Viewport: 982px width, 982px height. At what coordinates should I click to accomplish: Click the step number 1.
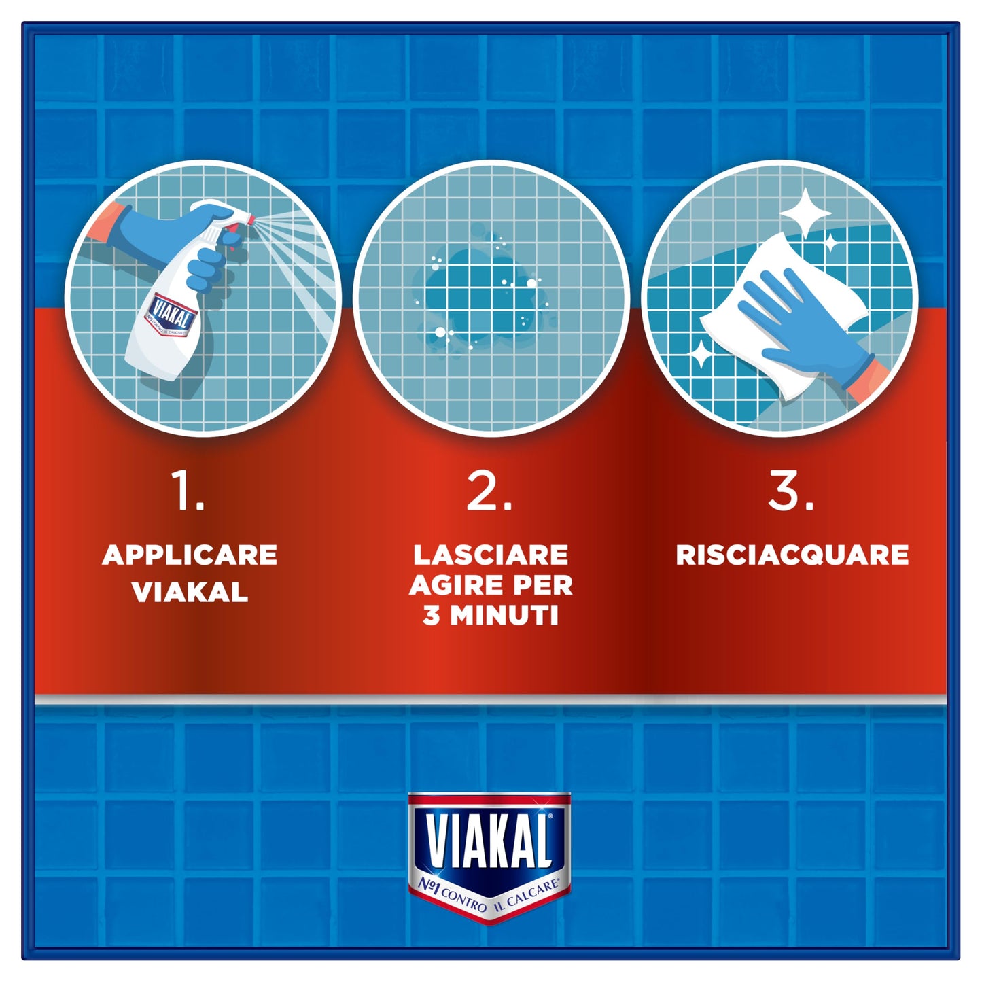click(186, 491)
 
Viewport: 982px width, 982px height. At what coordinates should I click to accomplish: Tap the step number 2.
click(489, 491)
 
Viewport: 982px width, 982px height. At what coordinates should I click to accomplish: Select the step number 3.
click(790, 491)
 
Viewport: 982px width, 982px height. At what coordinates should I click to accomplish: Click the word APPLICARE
click(190, 555)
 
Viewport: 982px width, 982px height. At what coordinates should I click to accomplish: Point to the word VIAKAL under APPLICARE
click(190, 593)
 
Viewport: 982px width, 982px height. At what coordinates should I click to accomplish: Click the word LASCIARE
click(491, 555)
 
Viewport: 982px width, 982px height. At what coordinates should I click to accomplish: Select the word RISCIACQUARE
click(792, 555)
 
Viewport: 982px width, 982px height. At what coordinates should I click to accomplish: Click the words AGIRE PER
click(491, 585)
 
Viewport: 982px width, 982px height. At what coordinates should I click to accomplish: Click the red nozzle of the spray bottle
click(250, 220)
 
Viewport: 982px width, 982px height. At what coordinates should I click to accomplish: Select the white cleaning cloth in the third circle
click(782, 319)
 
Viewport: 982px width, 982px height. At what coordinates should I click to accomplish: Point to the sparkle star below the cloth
click(701, 354)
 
